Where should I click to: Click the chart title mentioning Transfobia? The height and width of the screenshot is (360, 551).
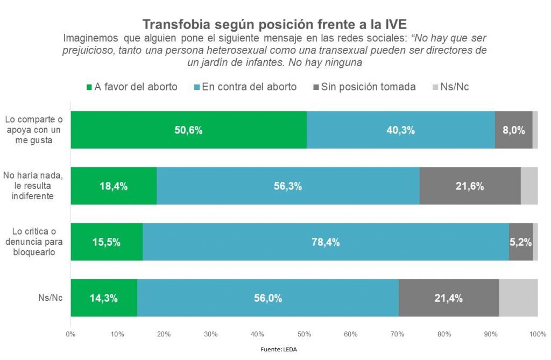[274, 24]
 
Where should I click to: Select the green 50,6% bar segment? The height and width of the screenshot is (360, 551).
[188, 130]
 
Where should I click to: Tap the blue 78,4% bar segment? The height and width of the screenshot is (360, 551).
[326, 242]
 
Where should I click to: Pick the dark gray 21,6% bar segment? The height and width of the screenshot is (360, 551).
[470, 186]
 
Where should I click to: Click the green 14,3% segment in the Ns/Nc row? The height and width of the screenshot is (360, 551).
[104, 298]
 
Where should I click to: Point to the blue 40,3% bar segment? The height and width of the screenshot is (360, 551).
[400, 130]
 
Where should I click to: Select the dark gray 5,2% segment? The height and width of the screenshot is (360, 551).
[520, 242]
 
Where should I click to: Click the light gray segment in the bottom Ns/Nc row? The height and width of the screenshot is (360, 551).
[518, 298]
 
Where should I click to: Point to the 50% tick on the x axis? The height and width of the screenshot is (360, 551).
[304, 334]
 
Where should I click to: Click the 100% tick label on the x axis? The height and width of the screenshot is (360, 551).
[538, 334]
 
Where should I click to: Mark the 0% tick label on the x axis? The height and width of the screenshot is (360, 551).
[70, 334]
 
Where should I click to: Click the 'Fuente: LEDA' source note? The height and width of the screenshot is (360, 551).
[279, 349]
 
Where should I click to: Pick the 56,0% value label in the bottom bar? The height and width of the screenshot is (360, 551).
[268, 298]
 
